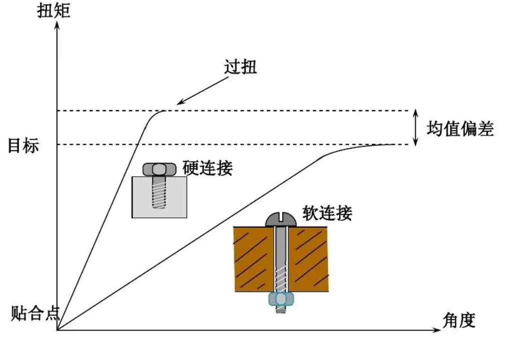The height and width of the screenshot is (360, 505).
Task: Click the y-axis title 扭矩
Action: tap(54, 11)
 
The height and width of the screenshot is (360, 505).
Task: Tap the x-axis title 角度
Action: tap(458, 320)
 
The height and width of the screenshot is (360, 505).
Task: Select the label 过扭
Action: tap(240, 67)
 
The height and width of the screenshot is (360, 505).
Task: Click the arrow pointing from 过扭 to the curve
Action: tap(203, 91)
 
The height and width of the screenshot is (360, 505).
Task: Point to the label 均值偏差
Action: tap(460, 129)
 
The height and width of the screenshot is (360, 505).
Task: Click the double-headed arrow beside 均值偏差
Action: tap(415, 128)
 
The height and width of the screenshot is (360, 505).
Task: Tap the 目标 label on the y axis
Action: tap(23, 145)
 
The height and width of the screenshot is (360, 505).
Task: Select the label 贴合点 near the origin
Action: tap(36, 313)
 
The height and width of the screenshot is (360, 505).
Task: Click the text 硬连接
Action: tap(208, 168)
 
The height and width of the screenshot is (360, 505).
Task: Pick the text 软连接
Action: tap(327, 213)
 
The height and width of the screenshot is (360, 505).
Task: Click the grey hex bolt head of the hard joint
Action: tap(160, 170)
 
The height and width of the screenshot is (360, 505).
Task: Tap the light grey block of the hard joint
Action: tap(160, 197)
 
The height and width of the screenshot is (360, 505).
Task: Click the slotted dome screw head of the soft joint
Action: tap(281, 219)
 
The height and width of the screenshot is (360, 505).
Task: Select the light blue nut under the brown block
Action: tap(281, 299)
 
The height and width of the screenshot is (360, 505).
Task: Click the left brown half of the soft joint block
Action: tap(254, 259)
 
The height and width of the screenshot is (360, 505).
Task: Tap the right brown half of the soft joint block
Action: tap(308, 259)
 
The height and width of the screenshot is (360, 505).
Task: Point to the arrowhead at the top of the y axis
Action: tap(57, 26)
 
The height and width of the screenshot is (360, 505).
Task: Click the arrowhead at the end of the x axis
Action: tap(436, 330)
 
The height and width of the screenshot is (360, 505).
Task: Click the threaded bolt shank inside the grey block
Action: tap(159, 192)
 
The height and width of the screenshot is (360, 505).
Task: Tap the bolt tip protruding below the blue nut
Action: tap(281, 309)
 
